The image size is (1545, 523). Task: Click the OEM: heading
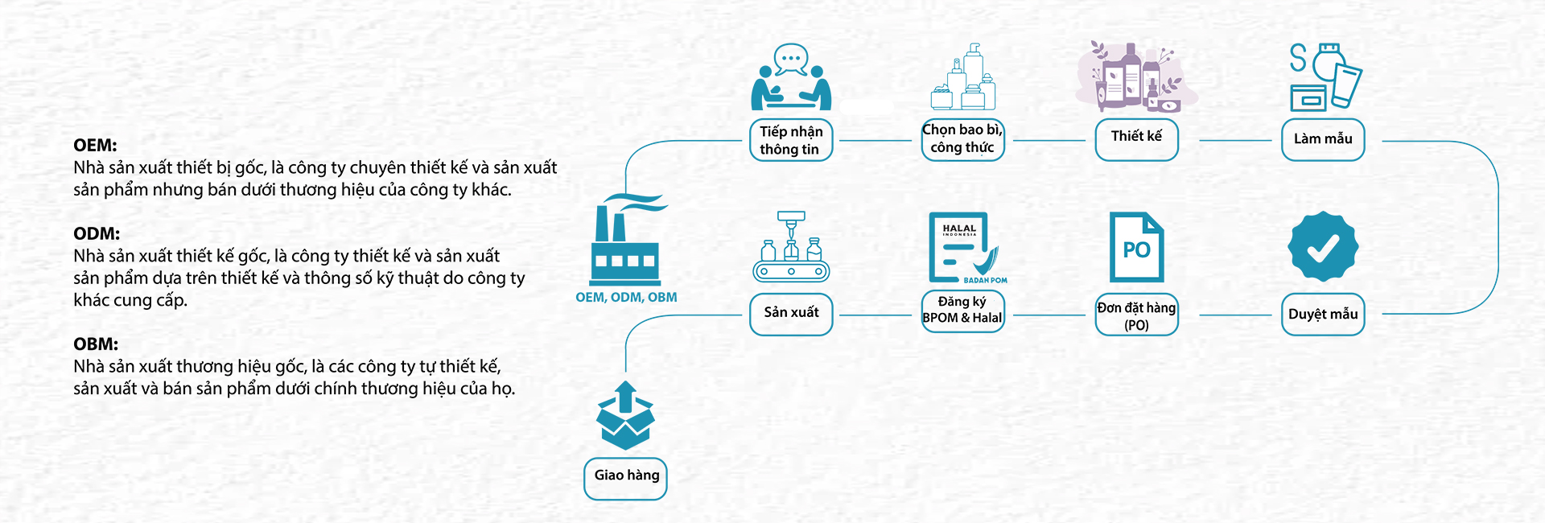click(x=95, y=146)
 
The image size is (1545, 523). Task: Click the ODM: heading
click(x=97, y=234)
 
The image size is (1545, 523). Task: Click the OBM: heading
click(x=96, y=344)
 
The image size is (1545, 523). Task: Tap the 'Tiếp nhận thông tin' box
click(x=791, y=141)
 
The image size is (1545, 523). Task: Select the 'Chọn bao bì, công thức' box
click(x=962, y=139)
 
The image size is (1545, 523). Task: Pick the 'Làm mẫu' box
click(x=1323, y=140)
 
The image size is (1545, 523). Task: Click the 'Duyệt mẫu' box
click(x=1323, y=315)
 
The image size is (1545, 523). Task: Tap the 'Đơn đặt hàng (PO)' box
click(x=1136, y=315)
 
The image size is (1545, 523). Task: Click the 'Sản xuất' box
click(x=791, y=314)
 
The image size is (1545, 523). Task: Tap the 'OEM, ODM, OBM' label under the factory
click(x=626, y=298)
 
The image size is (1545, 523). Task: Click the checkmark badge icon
click(x=1323, y=247)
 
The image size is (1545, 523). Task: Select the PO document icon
click(x=1136, y=246)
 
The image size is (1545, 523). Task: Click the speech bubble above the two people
click(x=790, y=59)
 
